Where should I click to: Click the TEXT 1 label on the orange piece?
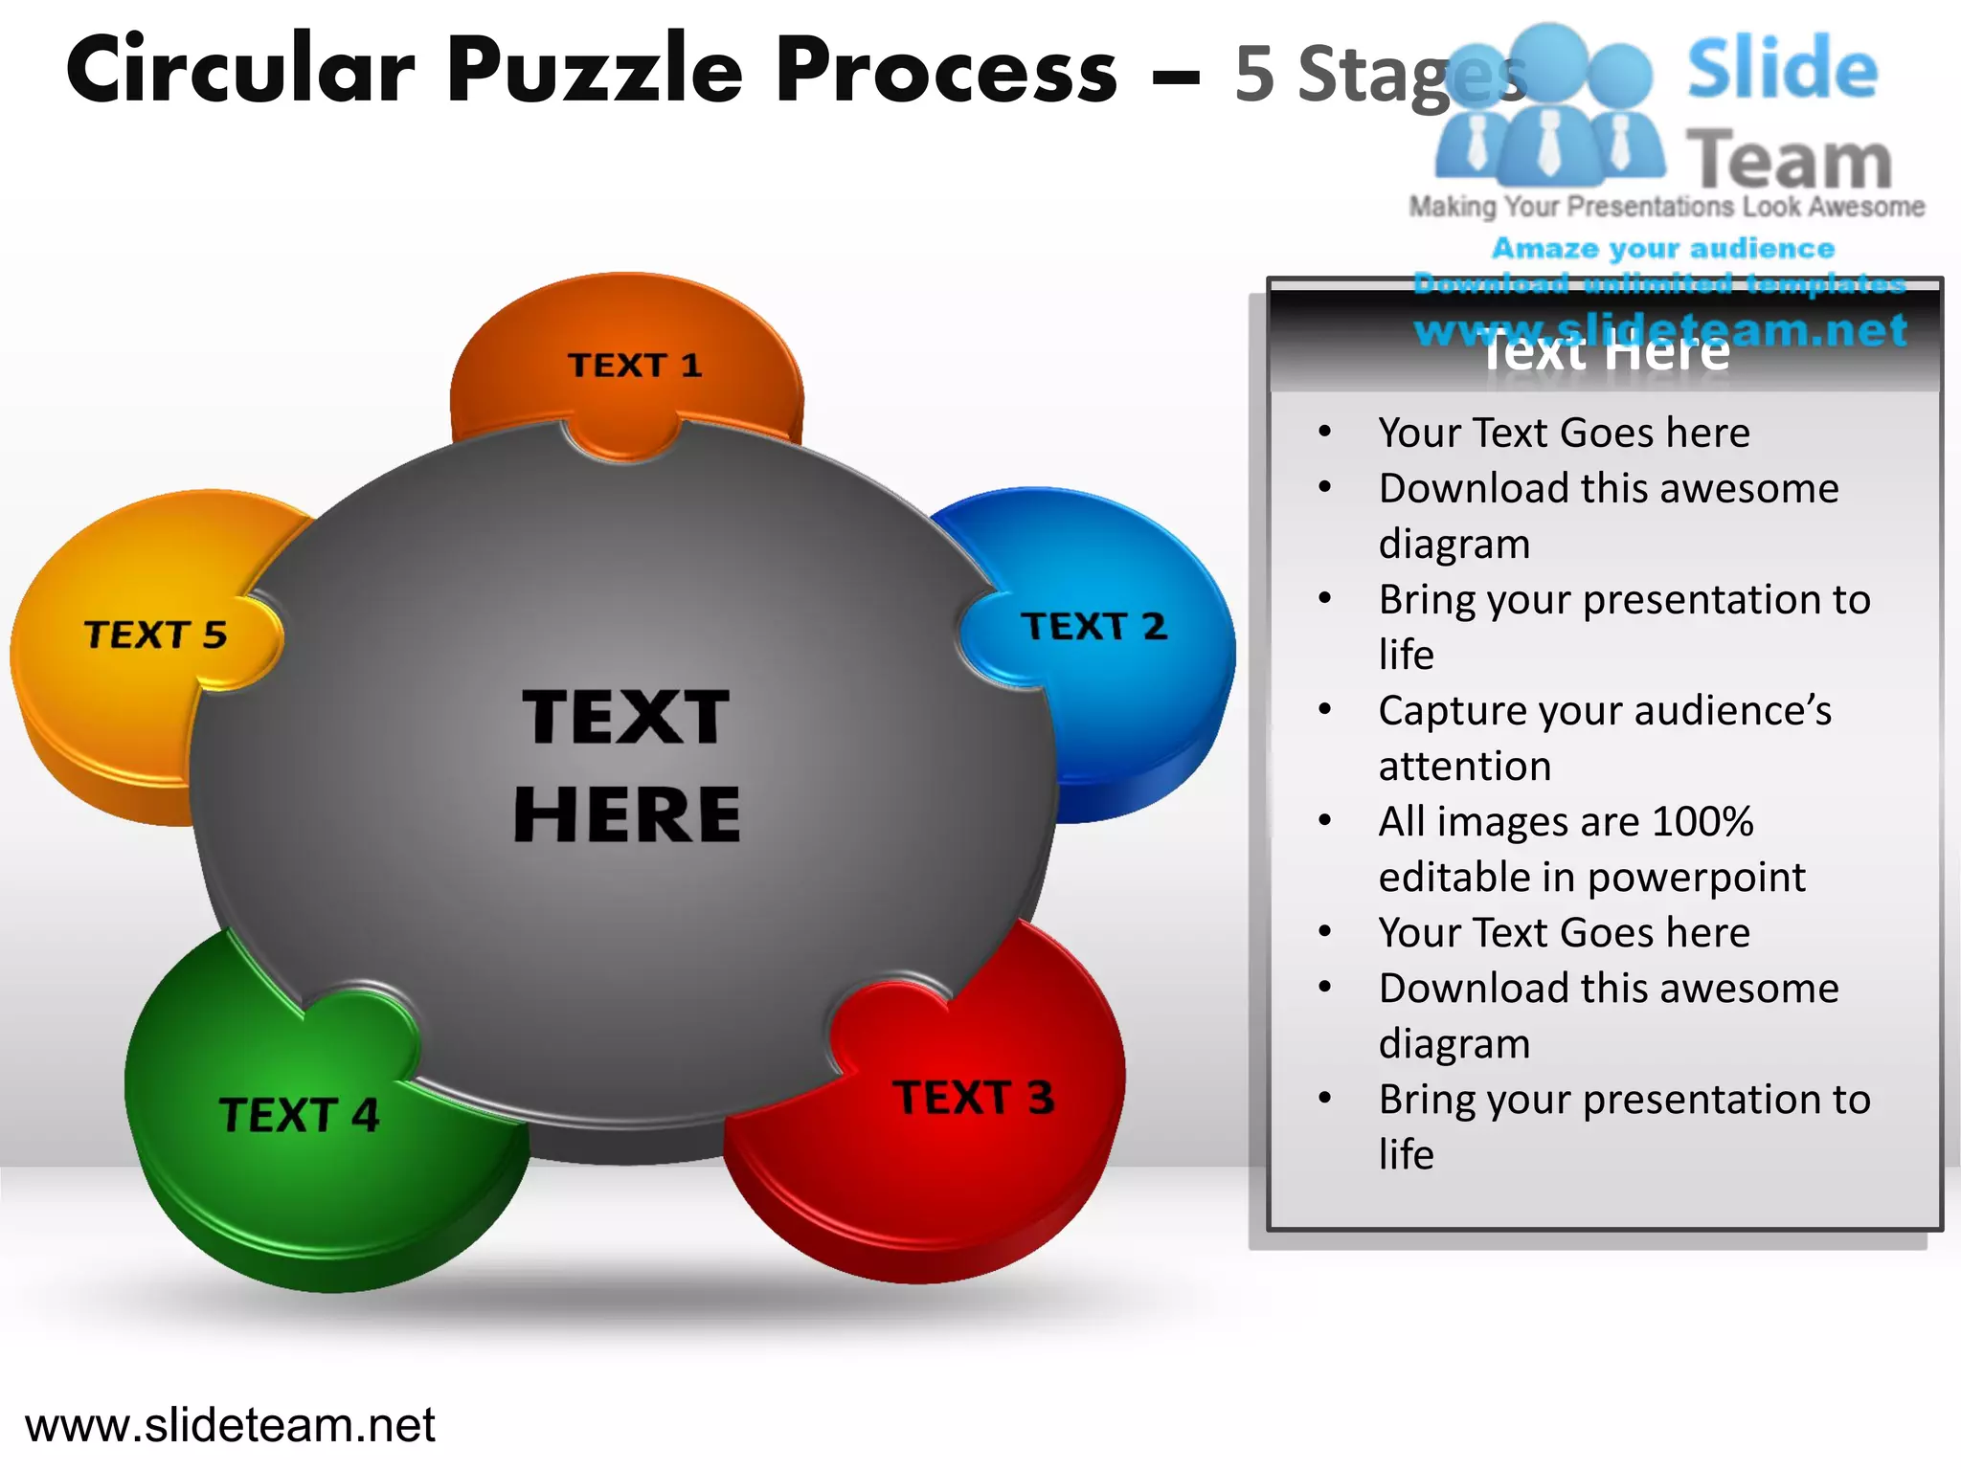click(635, 366)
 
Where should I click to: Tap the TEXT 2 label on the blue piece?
click(1093, 627)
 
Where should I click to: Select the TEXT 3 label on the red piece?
click(973, 1098)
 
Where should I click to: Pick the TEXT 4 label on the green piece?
click(299, 1116)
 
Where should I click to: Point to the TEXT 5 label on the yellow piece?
click(155, 635)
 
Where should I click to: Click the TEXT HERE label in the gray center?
click(627, 766)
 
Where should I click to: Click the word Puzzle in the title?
click(595, 71)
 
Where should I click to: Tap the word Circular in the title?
click(240, 71)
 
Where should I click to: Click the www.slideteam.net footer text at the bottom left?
click(230, 1425)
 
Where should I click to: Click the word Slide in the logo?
click(1782, 69)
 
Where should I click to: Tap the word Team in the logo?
click(1789, 161)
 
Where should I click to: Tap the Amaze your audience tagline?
click(1663, 249)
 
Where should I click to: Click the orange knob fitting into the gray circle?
click(622, 440)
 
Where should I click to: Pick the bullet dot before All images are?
click(1325, 820)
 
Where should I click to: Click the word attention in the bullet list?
click(1465, 767)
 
